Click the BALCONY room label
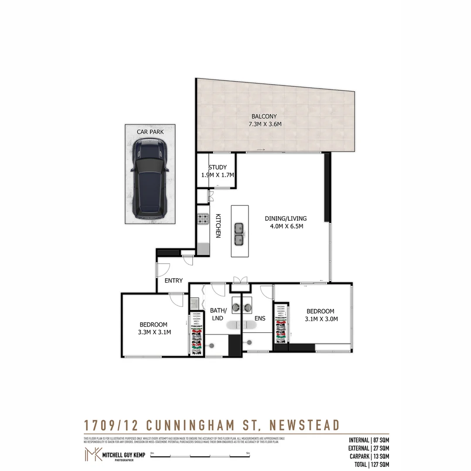(264, 116)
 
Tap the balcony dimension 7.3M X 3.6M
(264, 124)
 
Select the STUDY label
(217, 167)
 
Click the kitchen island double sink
(239, 234)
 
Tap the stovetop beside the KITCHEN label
(203, 219)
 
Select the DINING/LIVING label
(286, 218)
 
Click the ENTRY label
(174, 280)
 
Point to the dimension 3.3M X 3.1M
(154, 332)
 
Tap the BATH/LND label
(218, 314)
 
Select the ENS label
(260, 318)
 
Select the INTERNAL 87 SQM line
(369, 440)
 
